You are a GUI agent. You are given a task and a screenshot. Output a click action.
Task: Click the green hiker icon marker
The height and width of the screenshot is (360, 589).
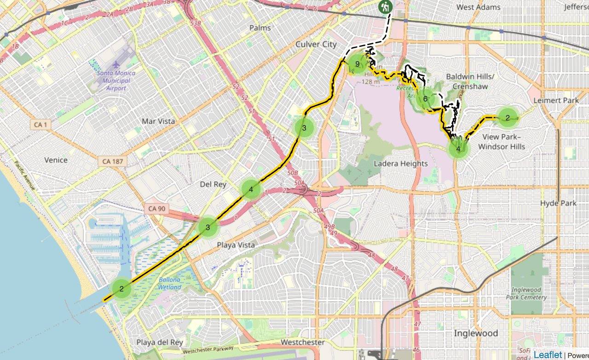[385, 7]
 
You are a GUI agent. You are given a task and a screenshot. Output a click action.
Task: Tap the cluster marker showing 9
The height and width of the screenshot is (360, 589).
[357, 64]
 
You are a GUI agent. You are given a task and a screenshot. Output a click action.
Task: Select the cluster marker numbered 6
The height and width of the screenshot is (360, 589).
[426, 99]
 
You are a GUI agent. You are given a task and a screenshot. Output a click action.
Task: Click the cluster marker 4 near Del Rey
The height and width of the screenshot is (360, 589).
[251, 189]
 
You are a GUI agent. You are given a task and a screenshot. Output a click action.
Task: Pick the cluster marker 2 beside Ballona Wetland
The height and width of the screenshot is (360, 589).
[121, 289]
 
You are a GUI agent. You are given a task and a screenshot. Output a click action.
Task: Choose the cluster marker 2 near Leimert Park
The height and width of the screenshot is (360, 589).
[508, 118]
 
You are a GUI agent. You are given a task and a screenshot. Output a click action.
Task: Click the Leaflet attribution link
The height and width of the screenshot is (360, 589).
[548, 354]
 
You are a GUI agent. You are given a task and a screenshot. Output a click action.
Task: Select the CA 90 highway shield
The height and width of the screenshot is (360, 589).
[156, 209]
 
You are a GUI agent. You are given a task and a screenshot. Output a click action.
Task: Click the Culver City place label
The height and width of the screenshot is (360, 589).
[316, 44]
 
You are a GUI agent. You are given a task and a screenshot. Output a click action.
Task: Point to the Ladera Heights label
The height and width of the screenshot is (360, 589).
[400, 164]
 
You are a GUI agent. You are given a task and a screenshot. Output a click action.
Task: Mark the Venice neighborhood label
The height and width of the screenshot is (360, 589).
[56, 160]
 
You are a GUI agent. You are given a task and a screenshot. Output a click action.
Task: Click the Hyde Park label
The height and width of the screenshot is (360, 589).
[558, 203]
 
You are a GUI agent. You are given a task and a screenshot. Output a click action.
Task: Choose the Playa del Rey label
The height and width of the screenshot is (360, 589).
[159, 343]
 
